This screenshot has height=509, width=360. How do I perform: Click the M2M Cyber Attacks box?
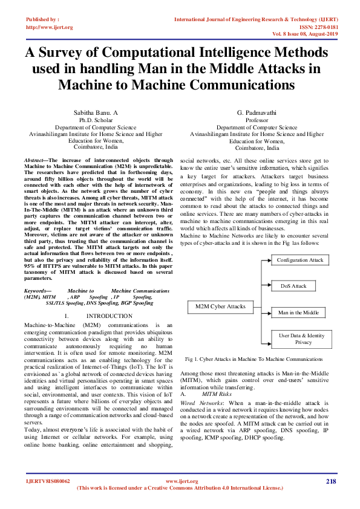click(220, 306)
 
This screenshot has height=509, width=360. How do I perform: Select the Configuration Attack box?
click(300, 260)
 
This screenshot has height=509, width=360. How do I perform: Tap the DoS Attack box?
click(294, 286)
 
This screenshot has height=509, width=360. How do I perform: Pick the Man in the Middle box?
click(298, 313)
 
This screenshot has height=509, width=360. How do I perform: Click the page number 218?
click(330, 481)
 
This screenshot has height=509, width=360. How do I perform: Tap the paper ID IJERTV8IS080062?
click(48, 481)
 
